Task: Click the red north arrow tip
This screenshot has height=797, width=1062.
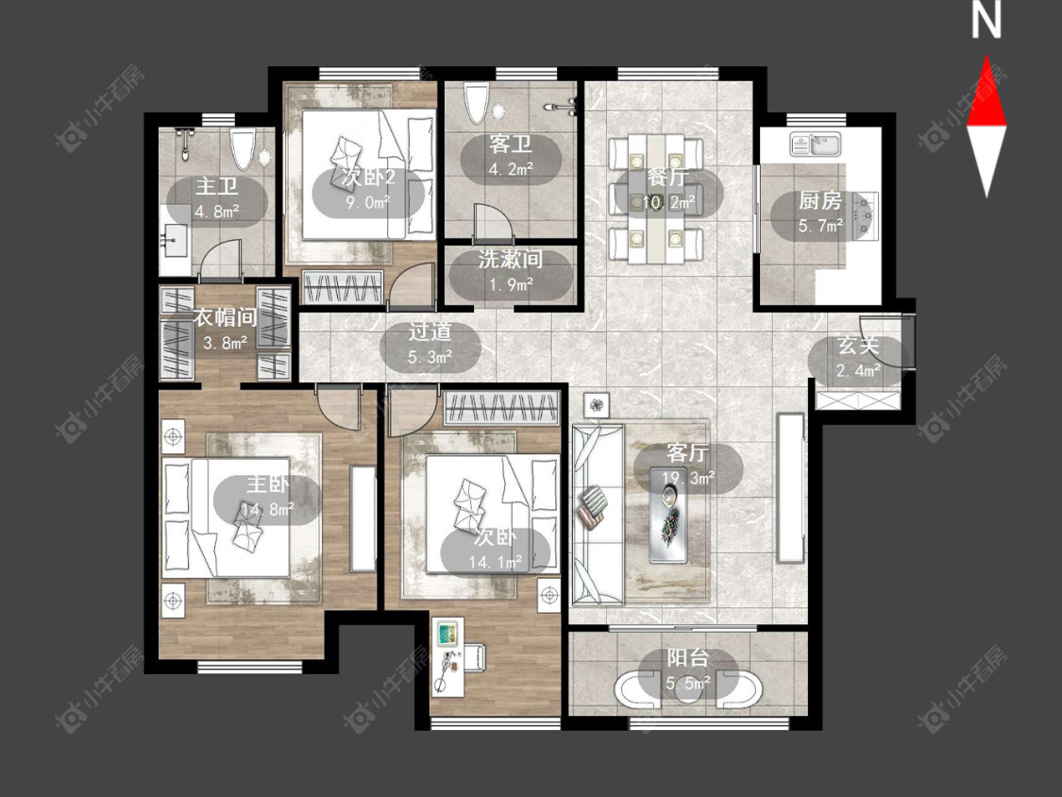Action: (x=986, y=56)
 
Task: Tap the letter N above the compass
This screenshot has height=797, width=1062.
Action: (x=986, y=20)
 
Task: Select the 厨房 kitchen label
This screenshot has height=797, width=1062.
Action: (x=819, y=200)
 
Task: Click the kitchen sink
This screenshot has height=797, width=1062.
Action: (x=816, y=144)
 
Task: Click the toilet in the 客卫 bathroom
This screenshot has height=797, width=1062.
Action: (x=476, y=103)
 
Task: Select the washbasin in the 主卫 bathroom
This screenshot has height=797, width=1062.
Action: (x=176, y=240)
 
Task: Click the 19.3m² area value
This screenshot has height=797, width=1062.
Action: (x=688, y=479)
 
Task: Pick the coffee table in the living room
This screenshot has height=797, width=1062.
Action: (x=668, y=515)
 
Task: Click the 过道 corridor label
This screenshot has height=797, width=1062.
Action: (x=430, y=331)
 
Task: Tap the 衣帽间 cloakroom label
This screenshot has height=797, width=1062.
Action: (x=226, y=317)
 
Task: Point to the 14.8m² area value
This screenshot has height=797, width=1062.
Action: (x=267, y=508)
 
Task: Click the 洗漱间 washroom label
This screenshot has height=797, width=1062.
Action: (x=510, y=259)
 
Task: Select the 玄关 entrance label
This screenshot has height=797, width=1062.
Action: (x=858, y=345)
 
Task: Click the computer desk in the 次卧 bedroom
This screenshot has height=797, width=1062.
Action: (x=447, y=656)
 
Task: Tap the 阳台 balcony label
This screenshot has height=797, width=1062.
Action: (x=688, y=658)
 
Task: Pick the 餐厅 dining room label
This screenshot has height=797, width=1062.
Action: (x=667, y=178)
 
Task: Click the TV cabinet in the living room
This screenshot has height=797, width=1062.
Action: (x=790, y=487)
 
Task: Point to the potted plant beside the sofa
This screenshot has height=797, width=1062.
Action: (x=596, y=405)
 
